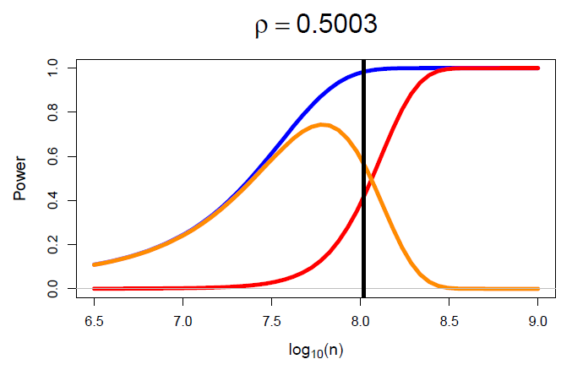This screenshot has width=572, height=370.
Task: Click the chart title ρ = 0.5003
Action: click(x=315, y=25)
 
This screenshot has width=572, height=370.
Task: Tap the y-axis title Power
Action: click(x=19, y=178)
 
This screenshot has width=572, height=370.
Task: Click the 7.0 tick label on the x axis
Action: click(x=182, y=322)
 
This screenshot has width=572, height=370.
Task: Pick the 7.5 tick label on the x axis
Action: click(x=271, y=322)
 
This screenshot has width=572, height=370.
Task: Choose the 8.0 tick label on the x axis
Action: click(x=360, y=322)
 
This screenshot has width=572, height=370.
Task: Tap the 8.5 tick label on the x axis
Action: click(x=449, y=322)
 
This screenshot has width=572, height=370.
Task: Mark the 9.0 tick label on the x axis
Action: click(x=537, y=322)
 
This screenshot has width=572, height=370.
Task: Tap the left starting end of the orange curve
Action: click(x=95, y=264)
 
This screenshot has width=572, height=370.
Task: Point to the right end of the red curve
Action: click(x=537, y=68)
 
